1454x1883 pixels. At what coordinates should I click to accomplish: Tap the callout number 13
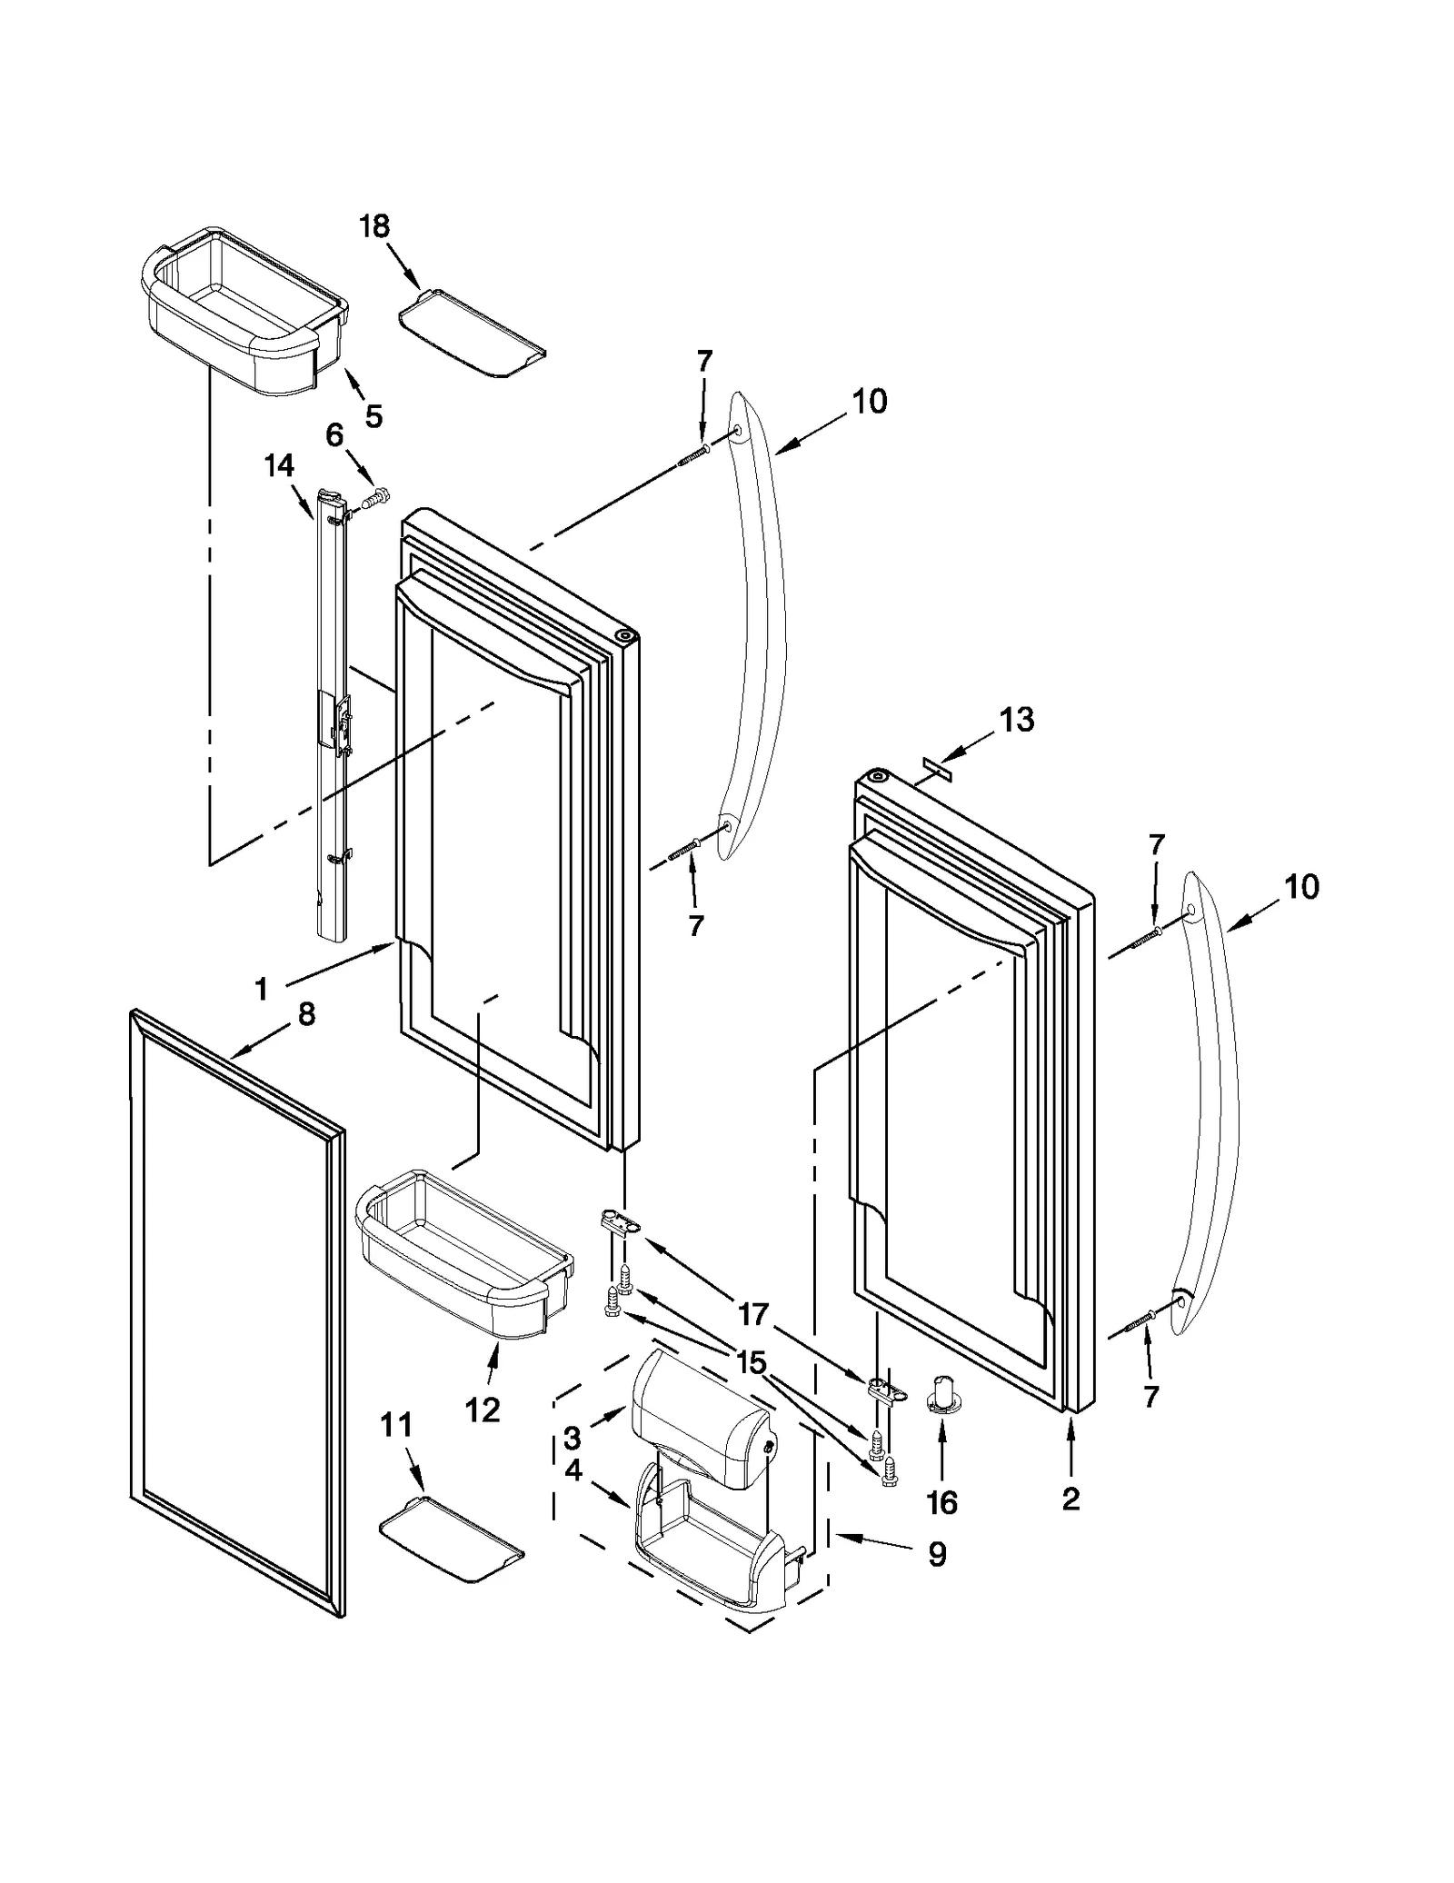tap(1016, 720)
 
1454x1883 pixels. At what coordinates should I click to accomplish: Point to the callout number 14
tap(279, 465)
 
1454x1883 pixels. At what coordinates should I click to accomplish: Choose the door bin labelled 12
tap(463, 1272)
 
